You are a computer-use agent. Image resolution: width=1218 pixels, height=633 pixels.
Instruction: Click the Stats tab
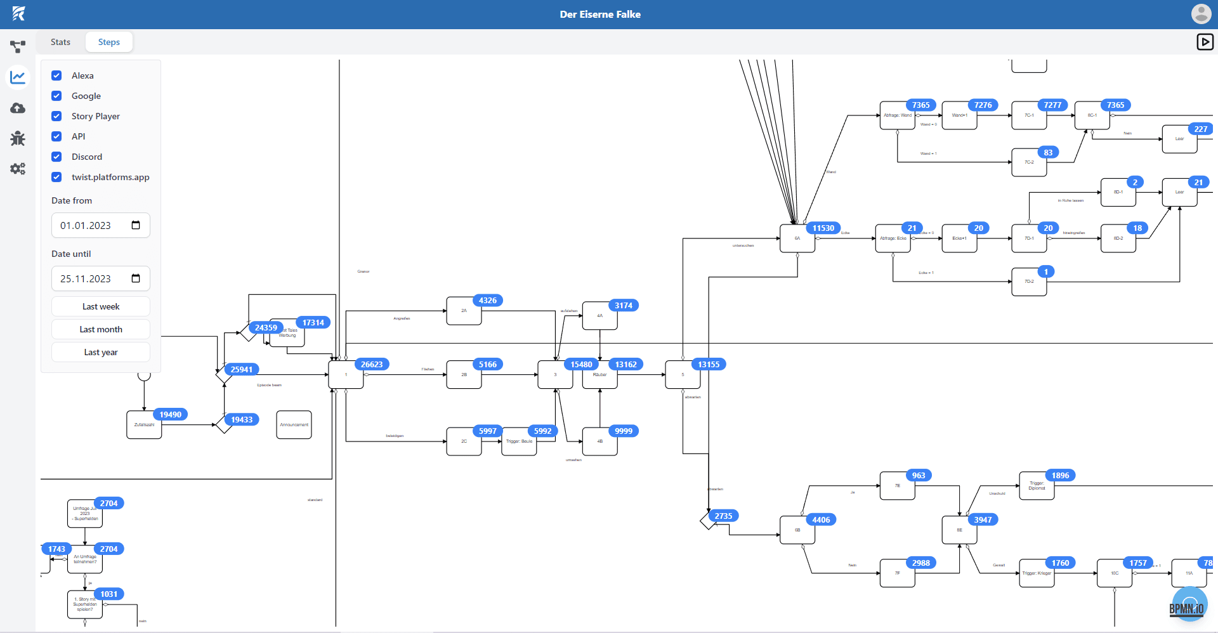coord(60,42)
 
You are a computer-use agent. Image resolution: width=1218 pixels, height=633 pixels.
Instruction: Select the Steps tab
coord(109,42)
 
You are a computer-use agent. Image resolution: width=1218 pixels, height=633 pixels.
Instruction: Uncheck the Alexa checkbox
coord(56,75)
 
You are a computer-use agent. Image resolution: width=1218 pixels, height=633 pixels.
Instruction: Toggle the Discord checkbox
coord(56,157)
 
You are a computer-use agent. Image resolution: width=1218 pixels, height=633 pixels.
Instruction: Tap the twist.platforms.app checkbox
coord(56,177)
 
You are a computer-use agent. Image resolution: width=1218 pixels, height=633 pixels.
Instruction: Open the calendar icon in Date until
coord(136,278)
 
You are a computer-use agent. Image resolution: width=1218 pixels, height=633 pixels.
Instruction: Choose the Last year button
coord(101,352)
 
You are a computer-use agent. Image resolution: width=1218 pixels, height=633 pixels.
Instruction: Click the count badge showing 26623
coord(372,364)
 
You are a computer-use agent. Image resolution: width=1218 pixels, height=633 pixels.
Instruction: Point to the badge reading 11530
coord(823,228)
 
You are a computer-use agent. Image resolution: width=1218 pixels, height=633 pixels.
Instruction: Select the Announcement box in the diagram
coord(294,425)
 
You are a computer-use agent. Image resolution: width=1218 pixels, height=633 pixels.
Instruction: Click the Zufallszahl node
coord(144,425)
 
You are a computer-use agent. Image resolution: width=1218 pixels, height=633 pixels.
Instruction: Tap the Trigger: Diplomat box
coord(1037,486)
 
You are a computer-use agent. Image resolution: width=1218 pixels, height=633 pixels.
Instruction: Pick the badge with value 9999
coord(624,431)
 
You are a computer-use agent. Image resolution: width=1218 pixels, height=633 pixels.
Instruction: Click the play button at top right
coord(1205,42)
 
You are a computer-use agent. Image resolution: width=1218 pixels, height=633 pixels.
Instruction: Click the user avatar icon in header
coord(1201,14)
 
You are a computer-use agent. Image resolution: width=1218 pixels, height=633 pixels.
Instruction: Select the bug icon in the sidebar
coord(18,138)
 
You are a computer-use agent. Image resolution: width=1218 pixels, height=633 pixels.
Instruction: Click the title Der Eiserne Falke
coord(600,14)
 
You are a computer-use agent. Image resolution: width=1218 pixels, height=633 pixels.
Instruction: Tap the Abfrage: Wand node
coord(897,115)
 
